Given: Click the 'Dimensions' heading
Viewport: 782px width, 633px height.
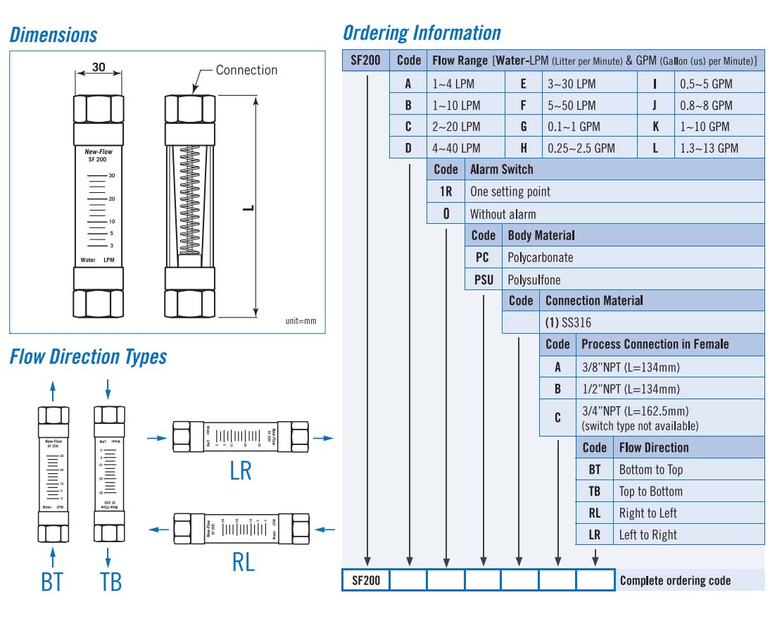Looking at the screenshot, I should tap(53, 35).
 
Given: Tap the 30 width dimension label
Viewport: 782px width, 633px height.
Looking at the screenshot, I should tap(99, 68).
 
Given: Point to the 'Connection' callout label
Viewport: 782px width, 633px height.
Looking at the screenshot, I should tap(246, 70).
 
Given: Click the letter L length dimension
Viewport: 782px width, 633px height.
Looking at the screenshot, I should tap(248, 208).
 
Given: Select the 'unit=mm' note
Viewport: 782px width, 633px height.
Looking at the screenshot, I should tap(301, 321).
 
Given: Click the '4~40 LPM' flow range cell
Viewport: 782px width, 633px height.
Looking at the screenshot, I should tap(455, 148).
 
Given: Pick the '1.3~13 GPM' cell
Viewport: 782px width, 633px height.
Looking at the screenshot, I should tap(709, 148).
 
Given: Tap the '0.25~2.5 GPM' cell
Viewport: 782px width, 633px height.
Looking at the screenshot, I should tap(581, 148).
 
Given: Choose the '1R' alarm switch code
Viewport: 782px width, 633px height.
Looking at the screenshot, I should tap(446, 192).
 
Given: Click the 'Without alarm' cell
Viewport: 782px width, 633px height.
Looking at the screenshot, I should tap(503, 214).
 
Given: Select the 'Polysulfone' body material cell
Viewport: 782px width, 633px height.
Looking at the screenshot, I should tap(534, 280).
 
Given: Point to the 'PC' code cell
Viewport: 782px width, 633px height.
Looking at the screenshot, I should tap(482, 257).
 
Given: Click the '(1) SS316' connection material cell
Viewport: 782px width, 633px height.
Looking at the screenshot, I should tap(568, 323).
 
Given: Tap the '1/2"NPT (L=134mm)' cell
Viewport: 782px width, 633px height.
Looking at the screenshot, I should tap(631, 389).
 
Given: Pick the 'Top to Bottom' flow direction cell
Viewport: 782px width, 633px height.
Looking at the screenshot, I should tap(650, 491).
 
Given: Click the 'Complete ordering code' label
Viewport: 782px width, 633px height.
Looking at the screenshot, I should tap(675, 581).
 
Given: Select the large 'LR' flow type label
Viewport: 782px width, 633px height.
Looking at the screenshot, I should tap(241, 470).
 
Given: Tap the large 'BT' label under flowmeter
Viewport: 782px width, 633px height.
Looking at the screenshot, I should tap(52, 582).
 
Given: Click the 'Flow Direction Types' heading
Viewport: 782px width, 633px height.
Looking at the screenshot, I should tap(88, 357).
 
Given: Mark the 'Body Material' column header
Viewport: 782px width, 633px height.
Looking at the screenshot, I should tap(541, 235).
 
